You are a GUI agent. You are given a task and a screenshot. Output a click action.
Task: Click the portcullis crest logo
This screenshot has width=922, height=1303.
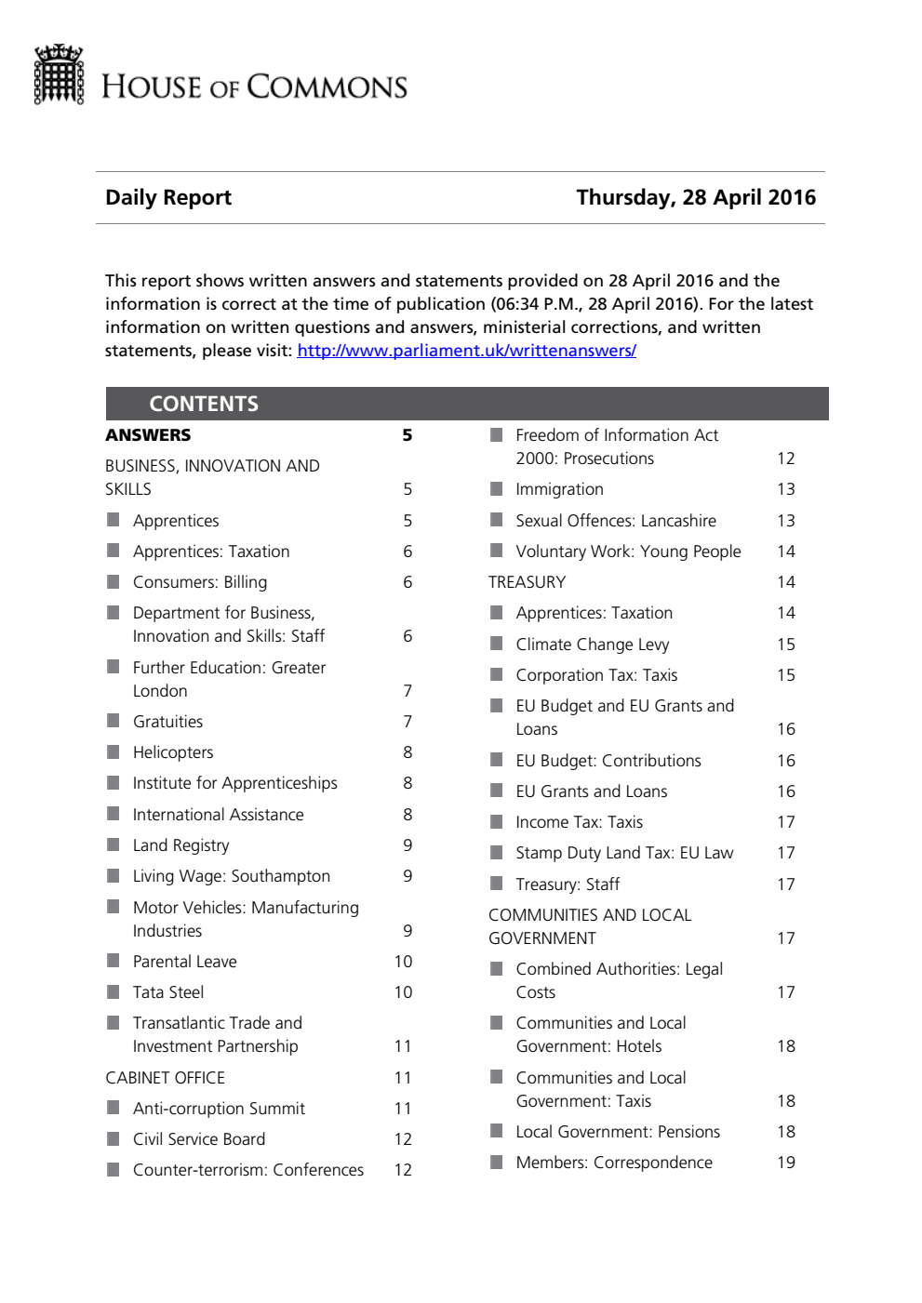coord(59,74)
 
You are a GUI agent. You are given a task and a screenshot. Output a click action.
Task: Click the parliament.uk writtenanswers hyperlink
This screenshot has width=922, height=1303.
coord(466,351)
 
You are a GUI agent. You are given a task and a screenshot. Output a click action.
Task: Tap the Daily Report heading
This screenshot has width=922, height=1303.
coord(168,197)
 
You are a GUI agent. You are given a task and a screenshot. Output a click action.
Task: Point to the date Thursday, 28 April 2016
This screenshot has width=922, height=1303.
coord(695,197)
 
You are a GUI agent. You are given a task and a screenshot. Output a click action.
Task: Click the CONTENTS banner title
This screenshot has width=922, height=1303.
coord(204,404)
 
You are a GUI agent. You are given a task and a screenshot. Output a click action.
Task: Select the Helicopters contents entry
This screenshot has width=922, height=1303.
coord(173,752)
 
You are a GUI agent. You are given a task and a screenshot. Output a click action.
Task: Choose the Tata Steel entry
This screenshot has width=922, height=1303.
coord(168,992)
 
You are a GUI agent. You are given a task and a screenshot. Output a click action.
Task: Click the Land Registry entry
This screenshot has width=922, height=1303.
coord(180,845)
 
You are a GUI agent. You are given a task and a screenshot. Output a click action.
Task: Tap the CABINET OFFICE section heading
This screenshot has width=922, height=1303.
coord(165,1078)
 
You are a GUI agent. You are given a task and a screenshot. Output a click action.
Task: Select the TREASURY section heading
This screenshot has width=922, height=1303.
coord(527,582)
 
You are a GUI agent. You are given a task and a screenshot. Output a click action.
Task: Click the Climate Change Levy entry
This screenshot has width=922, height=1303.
coord(592,645)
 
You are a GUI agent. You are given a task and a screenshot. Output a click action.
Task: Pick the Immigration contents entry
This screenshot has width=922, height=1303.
coord(559,489)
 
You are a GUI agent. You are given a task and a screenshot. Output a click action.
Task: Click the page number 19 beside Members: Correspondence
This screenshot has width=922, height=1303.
coord(786,1163)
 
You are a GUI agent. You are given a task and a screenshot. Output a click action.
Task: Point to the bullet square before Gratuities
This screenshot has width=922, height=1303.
coord(114,721)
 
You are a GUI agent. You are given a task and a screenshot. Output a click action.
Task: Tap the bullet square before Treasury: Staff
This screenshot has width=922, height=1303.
coord(497,884)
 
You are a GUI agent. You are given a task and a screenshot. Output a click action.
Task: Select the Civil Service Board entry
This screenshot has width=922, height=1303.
coord(199,1139)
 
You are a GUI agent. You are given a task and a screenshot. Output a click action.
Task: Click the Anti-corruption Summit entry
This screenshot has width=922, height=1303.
coord(219,1109)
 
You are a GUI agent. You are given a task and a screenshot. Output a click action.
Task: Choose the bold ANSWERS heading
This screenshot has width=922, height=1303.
coord(148,435)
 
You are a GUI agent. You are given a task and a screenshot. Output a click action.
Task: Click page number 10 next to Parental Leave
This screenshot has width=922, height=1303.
coord(403,962)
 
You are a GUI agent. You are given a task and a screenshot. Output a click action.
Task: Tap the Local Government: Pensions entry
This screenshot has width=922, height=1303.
coord(618,1132)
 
